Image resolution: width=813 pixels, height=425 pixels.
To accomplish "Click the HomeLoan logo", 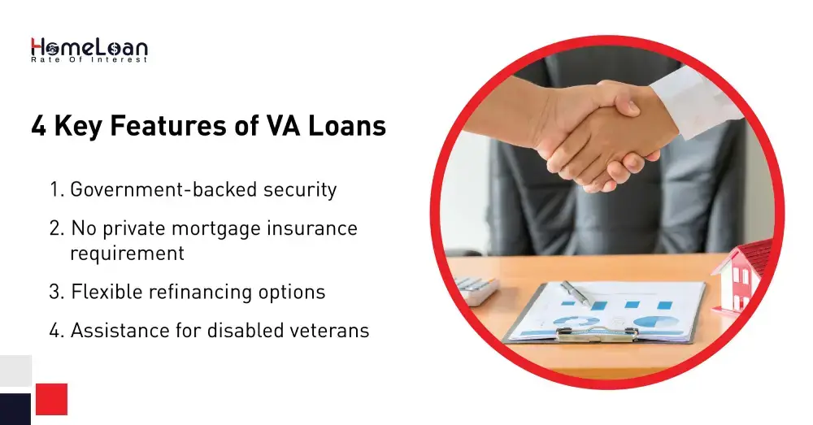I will click(x=89, y=49).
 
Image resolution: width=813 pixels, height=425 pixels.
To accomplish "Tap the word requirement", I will click(x=128, y=254).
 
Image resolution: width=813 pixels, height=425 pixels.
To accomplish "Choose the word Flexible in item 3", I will click(x=105, y=292).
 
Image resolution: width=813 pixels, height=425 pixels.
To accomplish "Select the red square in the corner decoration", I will click(x=51, y=399).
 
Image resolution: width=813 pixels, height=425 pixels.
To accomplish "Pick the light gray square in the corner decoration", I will click(x=15, y=371).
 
